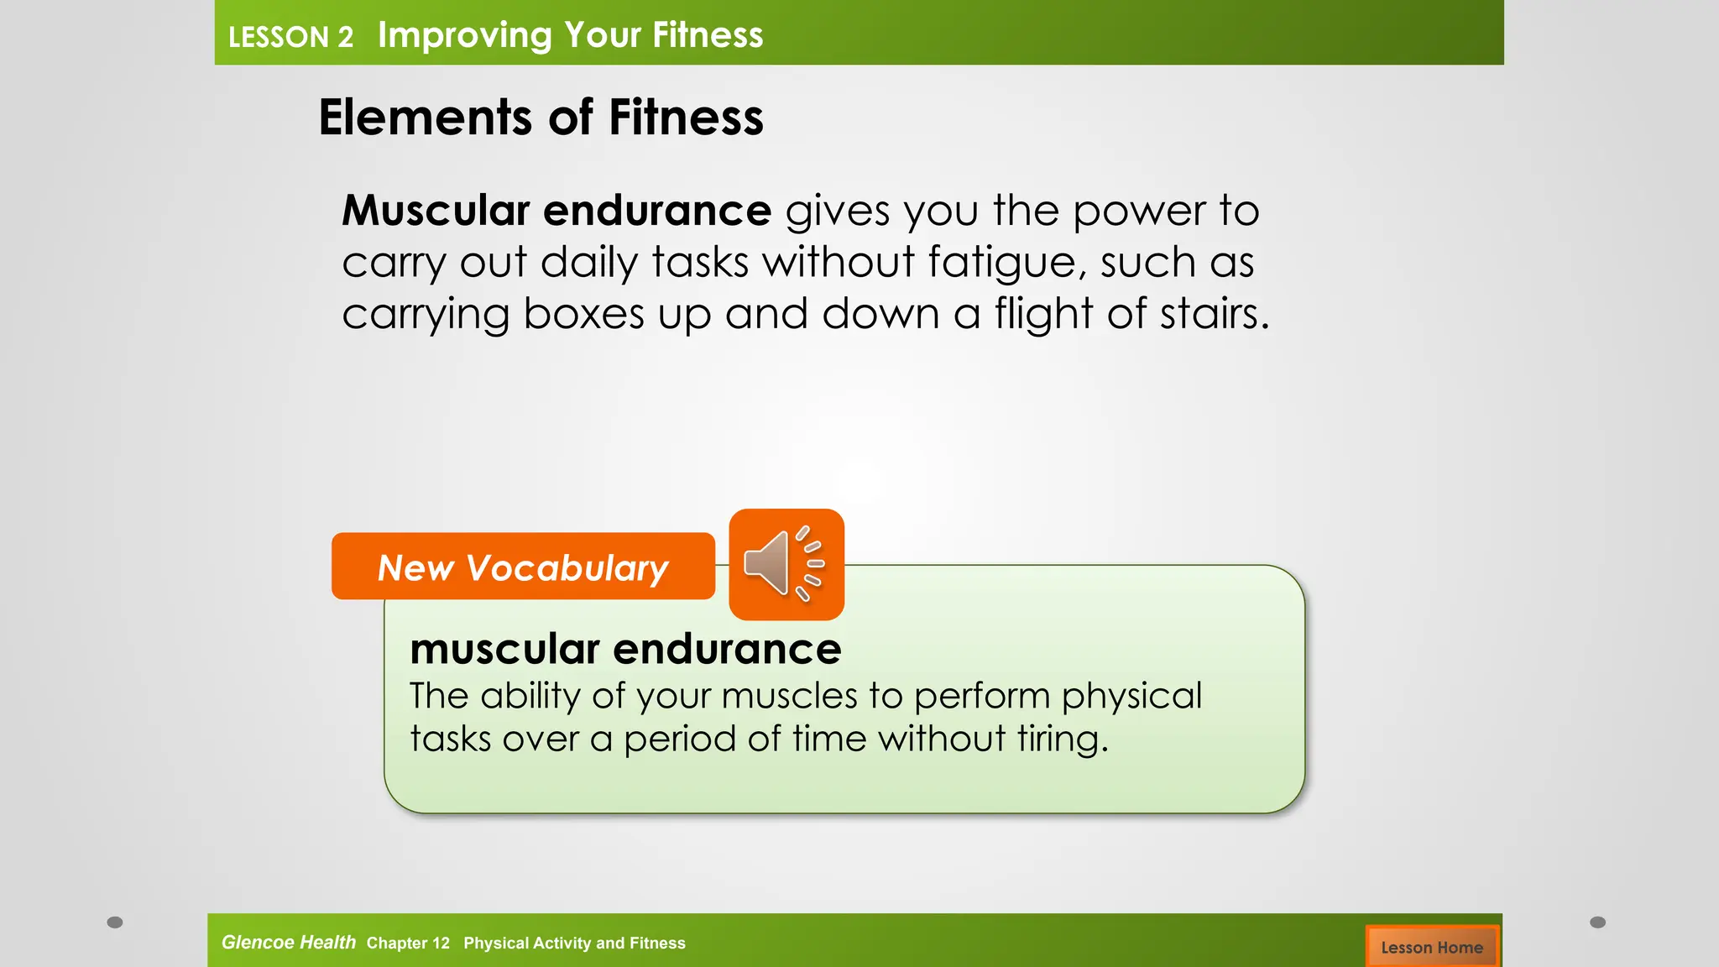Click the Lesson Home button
coord(1432,947)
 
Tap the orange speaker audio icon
coord(786,564)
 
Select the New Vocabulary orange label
coord(523,567)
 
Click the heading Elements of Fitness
coord(541,117)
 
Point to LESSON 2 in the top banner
coord(290,37)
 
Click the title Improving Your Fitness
coord(570,35)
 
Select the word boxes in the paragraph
coord(583,314)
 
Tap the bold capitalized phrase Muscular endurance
coord(556,210)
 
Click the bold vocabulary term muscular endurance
coord(625,649)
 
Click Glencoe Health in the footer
coord(288,942)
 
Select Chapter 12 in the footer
coord(408,943)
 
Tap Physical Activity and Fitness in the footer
coord(574,943)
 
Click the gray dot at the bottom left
coord(115,923)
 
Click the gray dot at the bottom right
coord(1598,923)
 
